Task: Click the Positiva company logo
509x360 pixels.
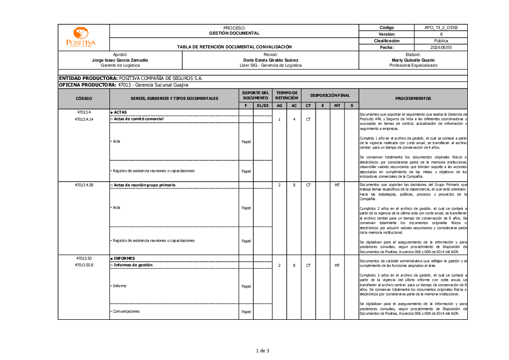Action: (81, 37)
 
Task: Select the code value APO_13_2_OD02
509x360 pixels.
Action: (441, 27)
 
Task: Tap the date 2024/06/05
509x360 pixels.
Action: (441, 47)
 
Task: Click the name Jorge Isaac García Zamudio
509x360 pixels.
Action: (120, 60)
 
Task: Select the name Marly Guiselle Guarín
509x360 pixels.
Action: (413, 60)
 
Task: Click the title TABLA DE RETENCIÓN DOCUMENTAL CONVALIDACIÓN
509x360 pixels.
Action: (234, 47)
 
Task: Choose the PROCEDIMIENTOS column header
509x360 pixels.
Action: (413, 98)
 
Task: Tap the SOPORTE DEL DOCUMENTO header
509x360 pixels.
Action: (255, 95)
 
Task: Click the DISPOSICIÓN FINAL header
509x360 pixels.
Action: (330, 95)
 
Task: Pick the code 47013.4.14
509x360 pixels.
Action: (84, 119)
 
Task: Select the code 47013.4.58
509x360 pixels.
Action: (84, 184)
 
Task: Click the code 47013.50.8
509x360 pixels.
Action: (84, 265)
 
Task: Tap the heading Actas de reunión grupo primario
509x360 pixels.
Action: (147, 184)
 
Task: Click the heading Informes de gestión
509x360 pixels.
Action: (133, 265)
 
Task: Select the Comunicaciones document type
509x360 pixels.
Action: (126, 312)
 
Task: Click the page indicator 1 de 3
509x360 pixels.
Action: (262, 350)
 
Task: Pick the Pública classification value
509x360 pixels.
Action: (441, 41)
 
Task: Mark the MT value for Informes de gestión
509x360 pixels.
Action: (337, 265)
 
